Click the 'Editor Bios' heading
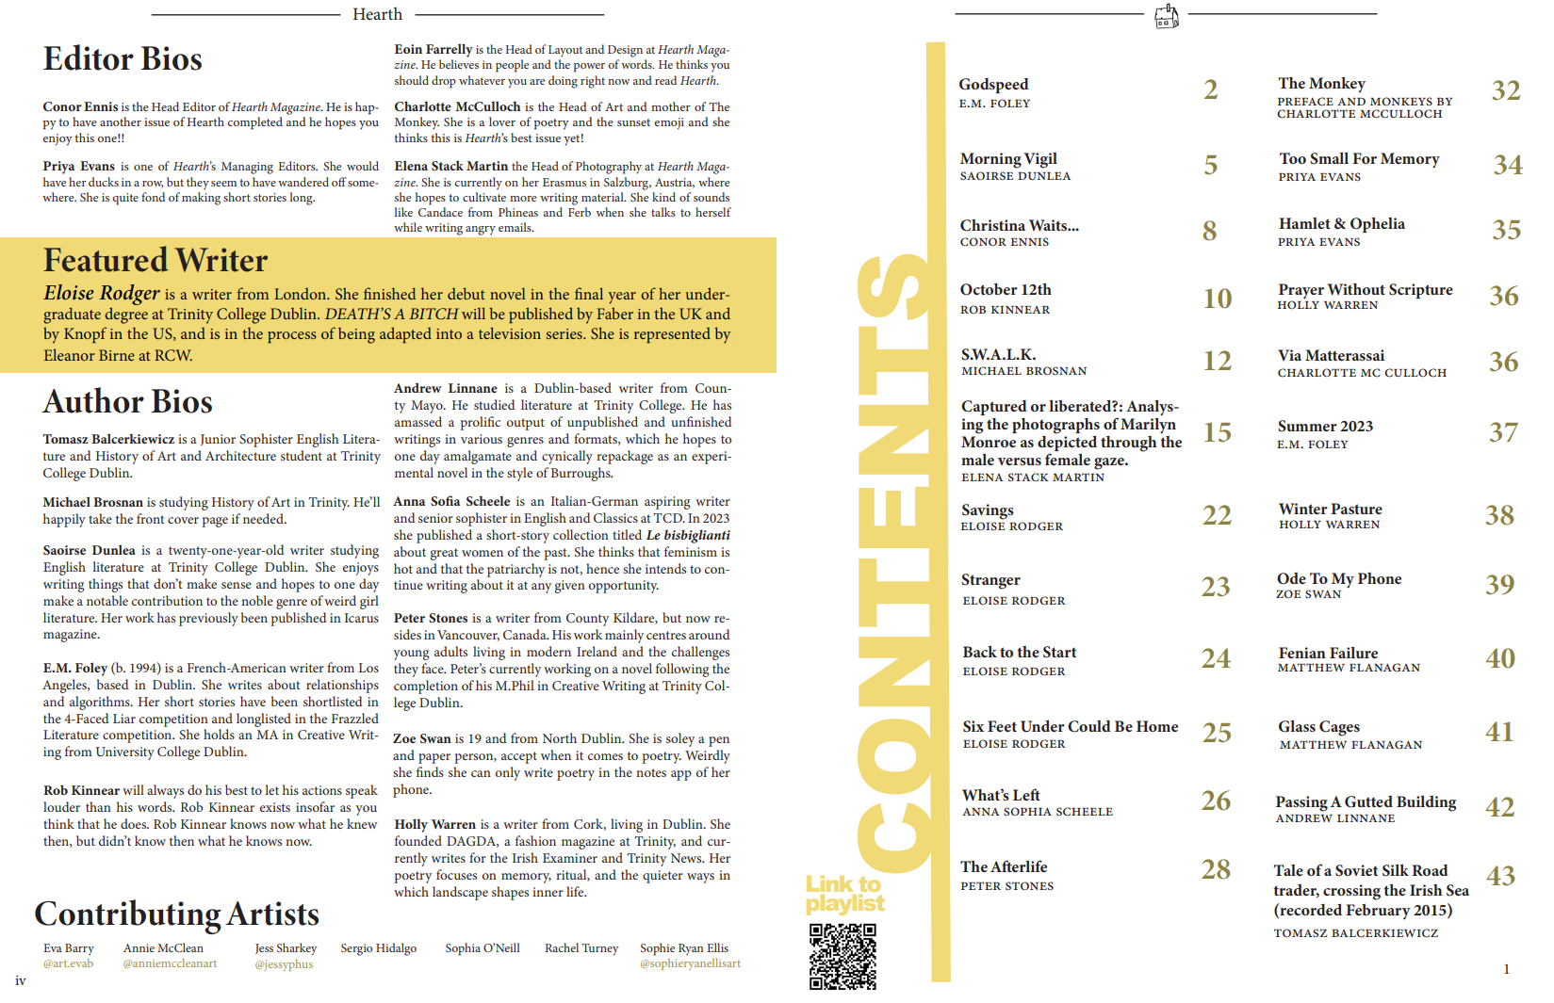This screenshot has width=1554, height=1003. click(123, 59)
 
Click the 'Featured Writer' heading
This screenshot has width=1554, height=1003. click(155, 260)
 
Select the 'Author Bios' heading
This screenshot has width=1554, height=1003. click(127, 402)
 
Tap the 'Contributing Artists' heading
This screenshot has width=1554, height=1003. click(176, 914)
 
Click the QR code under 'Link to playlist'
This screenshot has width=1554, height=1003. click(842, 956)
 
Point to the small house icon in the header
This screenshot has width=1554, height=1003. click(1166, 16)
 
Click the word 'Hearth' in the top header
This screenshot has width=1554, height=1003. click(377, 14)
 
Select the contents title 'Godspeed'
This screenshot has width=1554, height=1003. click(993, 85)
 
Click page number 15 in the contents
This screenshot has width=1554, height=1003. click(1217, 432)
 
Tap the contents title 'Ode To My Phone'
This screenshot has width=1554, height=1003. click(1338, 579)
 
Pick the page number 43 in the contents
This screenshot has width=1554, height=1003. click(1500, 876)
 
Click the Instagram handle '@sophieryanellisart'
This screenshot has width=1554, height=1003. click(690, 963)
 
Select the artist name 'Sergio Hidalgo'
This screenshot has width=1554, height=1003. click(378, 948)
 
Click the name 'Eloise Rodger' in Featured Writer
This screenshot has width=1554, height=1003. click(102, 294)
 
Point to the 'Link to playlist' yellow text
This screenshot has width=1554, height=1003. click(844, 894)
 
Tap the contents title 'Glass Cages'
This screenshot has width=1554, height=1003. click(1318, 727)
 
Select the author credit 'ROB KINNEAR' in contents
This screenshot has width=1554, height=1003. click(1005, 310)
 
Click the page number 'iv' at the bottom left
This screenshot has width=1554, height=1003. click(21, 980)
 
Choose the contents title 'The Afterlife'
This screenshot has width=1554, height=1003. click(1004, 867)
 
